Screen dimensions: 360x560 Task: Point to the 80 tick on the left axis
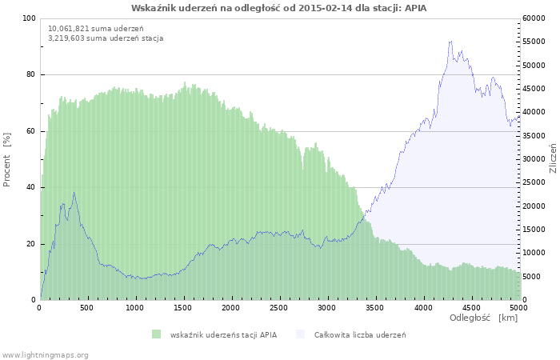point(31,74)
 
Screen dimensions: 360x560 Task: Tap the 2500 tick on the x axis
point(278,307)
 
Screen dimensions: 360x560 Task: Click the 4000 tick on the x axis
point(422,307)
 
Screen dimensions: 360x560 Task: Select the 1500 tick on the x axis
point(183,307)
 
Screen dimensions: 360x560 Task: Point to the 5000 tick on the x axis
point(518,307)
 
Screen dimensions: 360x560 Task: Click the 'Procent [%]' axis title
point(7,159)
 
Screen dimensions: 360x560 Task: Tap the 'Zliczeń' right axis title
point(553,159)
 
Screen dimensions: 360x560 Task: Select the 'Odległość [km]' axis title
point(483,318)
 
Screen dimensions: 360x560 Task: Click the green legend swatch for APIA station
point(156,334)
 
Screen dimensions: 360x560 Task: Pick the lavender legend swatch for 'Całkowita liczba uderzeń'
point(300,334)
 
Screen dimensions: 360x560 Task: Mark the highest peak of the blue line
point(451,42)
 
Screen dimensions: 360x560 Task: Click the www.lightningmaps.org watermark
point(45,354)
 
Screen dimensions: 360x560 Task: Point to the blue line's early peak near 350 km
point(74,192)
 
